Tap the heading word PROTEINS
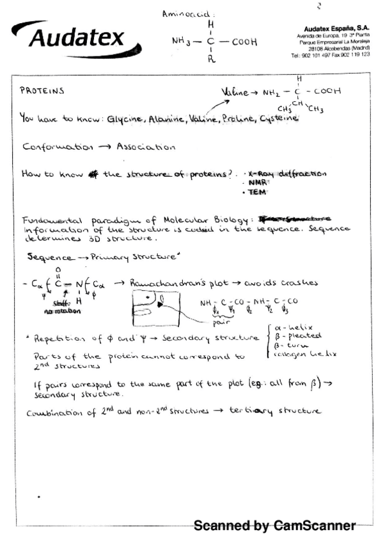(42, 92)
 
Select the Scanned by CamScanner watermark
(274, 526)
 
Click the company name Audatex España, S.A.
(337, 29)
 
